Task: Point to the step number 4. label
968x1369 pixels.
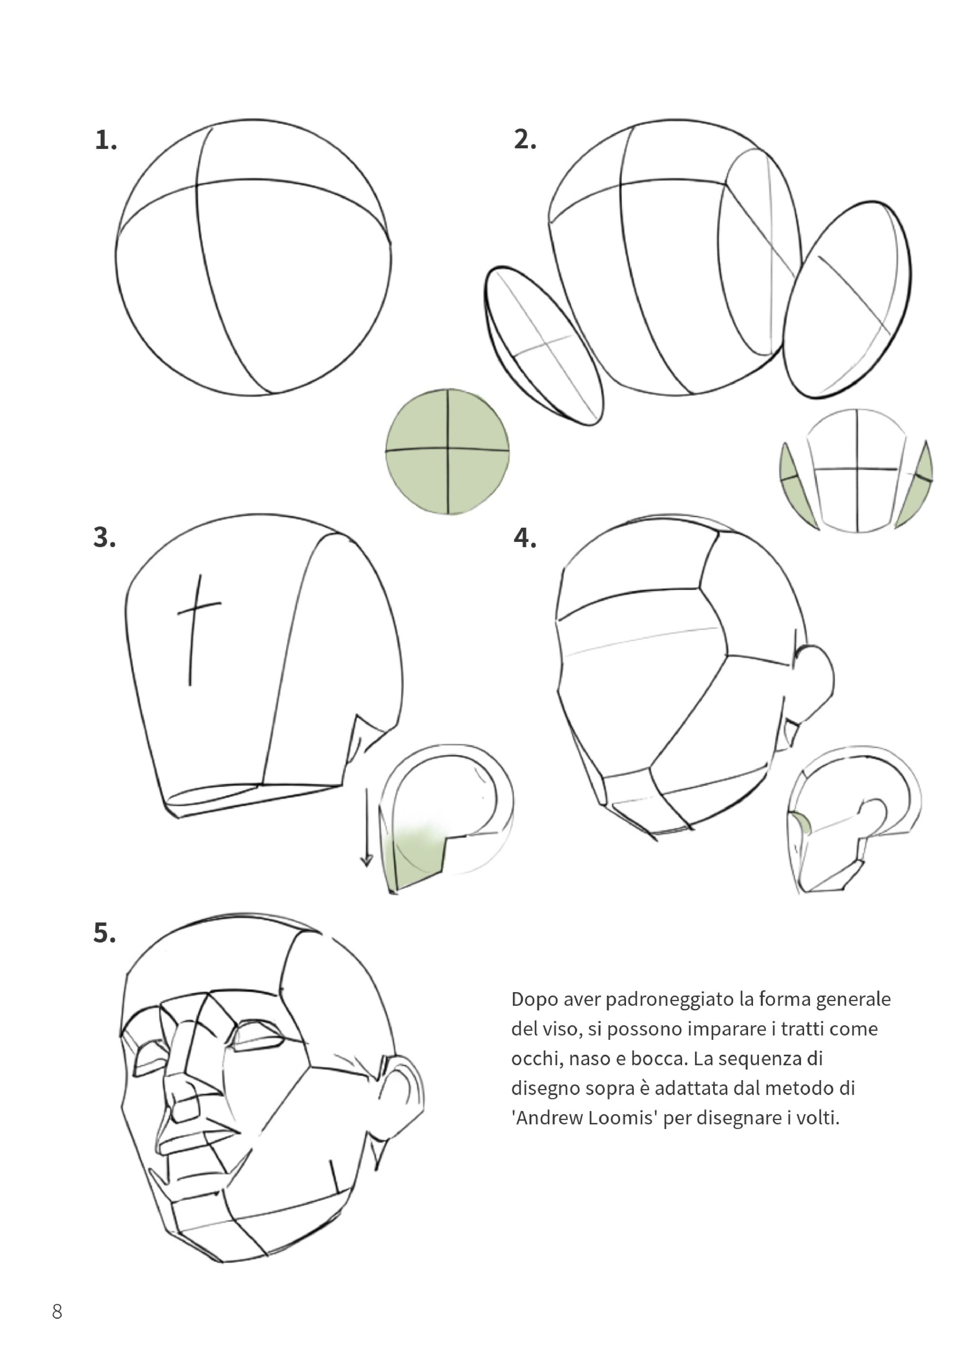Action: point(525,538)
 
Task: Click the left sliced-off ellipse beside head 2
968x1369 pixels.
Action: point(543,346)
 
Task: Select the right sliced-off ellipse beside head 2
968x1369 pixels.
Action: point(847,299)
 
